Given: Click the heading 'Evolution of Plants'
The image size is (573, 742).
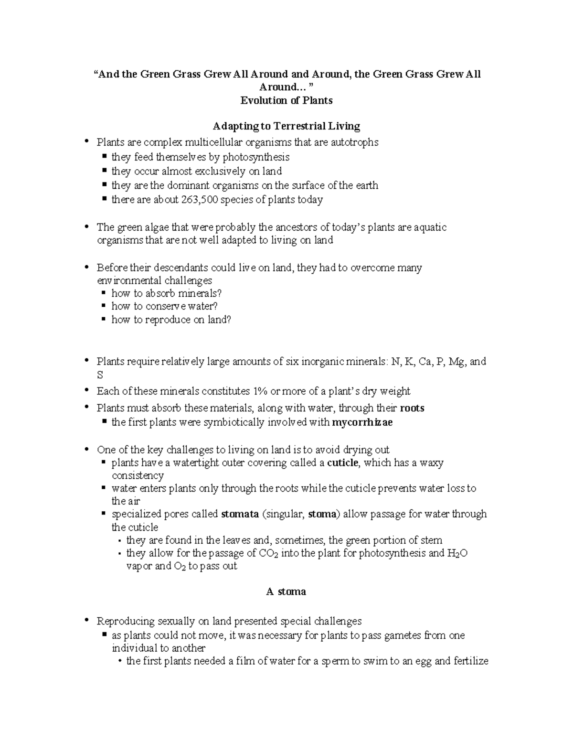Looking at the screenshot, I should coord(286,100).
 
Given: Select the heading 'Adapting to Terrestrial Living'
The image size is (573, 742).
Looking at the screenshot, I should coord(286,126).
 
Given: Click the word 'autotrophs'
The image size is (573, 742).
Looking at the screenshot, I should coord(355,142).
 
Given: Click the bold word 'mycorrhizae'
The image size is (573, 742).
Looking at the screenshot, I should coord(362,422).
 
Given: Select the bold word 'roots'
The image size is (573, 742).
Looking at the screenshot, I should coord(412,408).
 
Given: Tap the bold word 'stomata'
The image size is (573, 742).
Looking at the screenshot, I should coord(240,514).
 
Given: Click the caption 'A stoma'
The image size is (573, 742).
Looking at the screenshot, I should coord(286,591).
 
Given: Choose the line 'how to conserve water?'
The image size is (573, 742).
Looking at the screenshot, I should coord(164,306).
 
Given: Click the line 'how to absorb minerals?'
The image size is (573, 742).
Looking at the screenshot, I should coord(166,293).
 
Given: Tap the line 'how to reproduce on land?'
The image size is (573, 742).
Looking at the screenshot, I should coord(171,320).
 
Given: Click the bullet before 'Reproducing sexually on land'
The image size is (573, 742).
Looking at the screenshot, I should coord(86,621).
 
